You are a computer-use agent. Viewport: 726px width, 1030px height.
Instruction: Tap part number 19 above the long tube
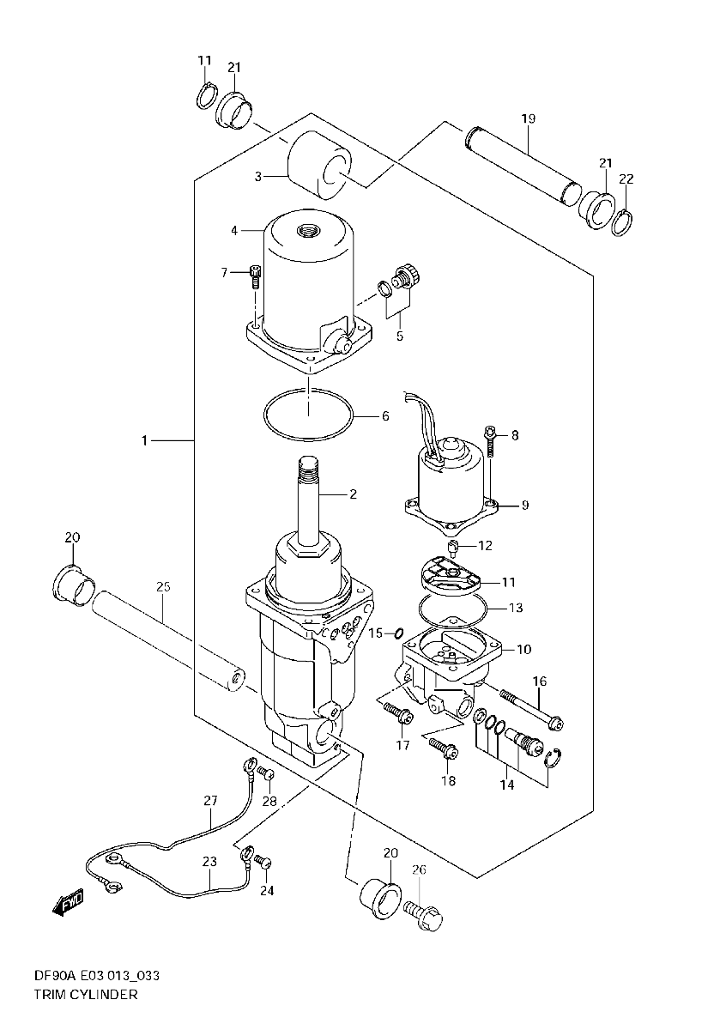click(x=529, y=118)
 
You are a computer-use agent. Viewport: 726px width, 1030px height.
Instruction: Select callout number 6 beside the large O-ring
click(x=385, y=416)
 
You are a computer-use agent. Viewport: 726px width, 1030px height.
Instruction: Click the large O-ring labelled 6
click(x=309, y=415)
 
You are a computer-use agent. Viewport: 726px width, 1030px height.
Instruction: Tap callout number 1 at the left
click(x=144, y=440)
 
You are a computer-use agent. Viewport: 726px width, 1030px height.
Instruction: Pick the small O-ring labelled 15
click(x=399, y=634)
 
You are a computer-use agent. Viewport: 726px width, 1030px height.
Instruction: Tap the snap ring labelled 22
click(x=622, y=222)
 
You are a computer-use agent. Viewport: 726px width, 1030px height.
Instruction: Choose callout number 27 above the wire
click(x=210, y=801)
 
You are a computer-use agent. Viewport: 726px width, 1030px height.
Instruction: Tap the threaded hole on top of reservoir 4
click(x=306, y=229)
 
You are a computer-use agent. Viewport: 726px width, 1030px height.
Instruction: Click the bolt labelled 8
click(x=491, y=441)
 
